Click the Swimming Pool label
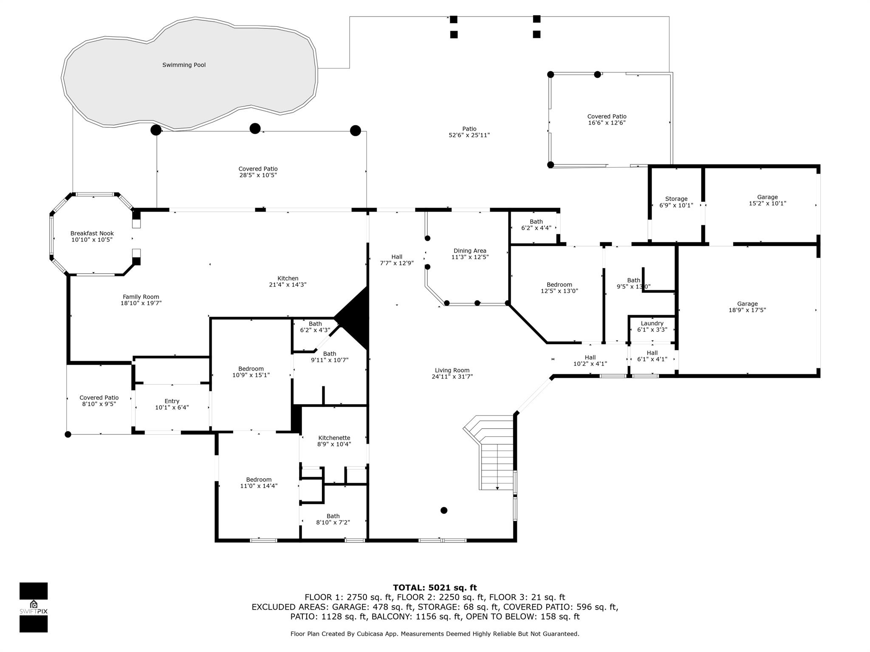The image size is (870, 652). point(184,65)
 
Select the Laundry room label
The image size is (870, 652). point(652,323)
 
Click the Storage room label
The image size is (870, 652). point(676,199)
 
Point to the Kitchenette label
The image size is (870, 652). point(334,438)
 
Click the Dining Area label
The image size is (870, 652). point(470,251)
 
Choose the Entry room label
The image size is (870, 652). point(172,401)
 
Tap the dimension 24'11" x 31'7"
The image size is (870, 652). point(452,377)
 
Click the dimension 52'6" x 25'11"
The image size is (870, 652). point(469,135)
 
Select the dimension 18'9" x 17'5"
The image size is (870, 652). point(747,310)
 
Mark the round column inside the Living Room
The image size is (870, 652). point(444,510)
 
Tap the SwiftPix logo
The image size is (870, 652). point(34,607)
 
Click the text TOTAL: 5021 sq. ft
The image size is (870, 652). point(435,588)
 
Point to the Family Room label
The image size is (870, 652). point(141,297)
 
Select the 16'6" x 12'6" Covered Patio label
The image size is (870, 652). point(607,120)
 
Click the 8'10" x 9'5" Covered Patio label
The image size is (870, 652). point(99,401)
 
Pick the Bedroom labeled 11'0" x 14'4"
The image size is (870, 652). point(259,483)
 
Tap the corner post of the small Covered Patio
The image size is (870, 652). point(68,434)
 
